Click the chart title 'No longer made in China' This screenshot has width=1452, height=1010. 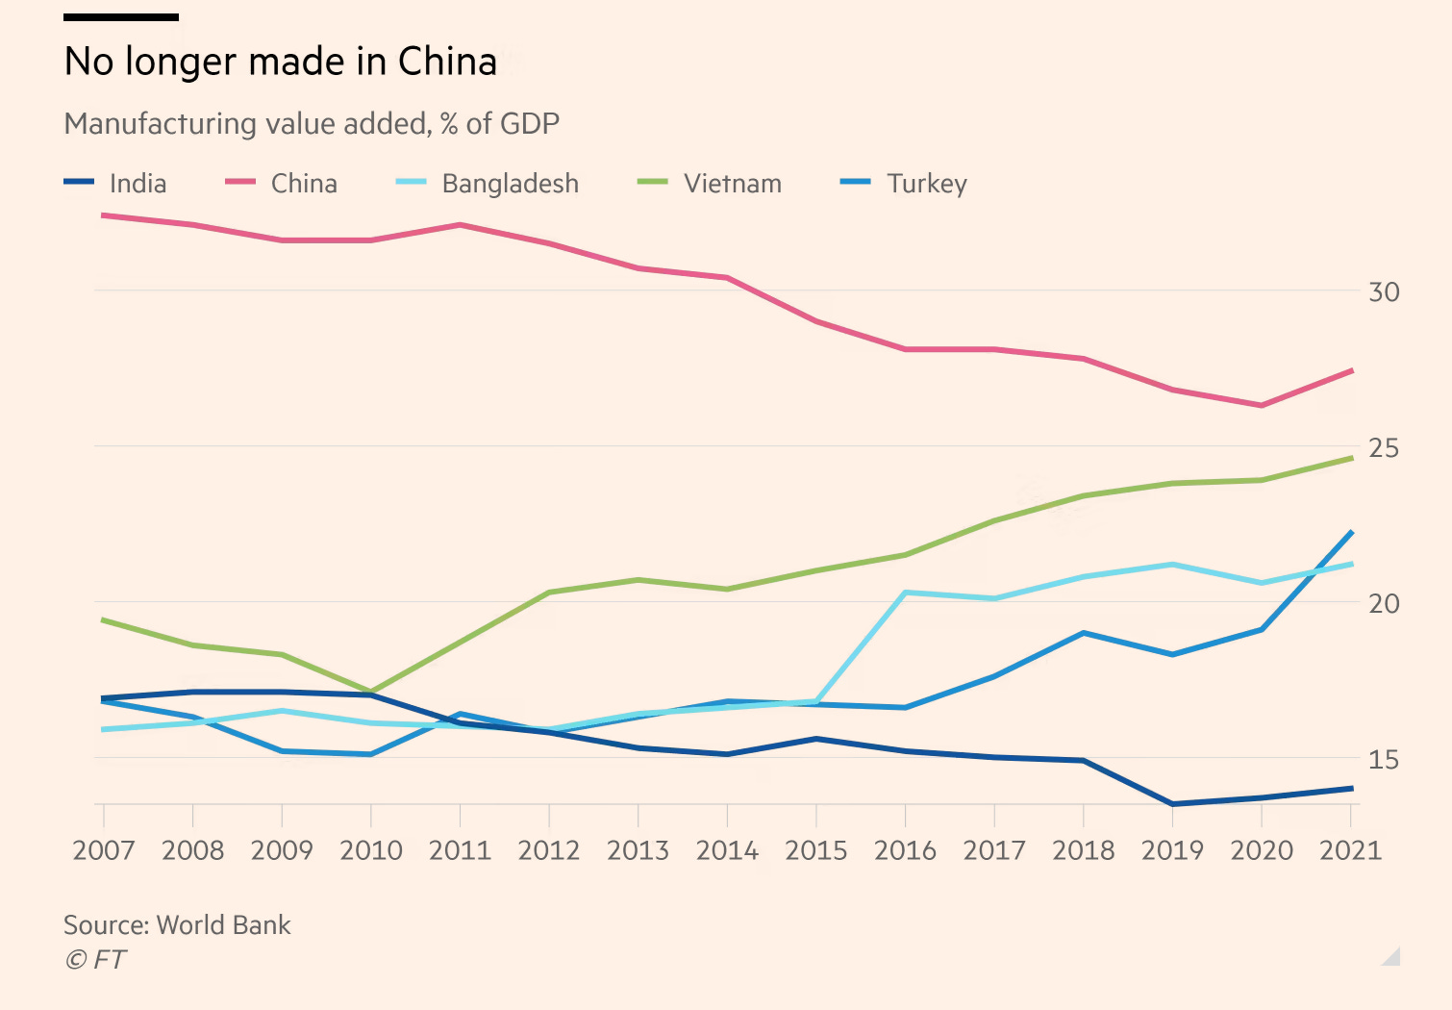tap(280, 62)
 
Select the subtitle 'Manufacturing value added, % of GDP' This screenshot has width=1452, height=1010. tap(312, 124)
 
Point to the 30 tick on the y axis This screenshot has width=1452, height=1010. tap(1383, 291)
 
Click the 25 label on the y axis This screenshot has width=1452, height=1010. tap(1383, 447)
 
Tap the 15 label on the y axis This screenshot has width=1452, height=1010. tap(1383, 759)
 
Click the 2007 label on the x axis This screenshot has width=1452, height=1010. tap(104, 850)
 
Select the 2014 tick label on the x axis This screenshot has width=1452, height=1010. tap(727, 850)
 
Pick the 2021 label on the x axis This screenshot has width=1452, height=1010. tap(1350, 850)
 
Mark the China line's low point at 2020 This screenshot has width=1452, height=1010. tap(1261, 405)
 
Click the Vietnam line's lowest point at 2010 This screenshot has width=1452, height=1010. tap(371, 692)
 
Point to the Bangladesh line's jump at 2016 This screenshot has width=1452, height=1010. tap(905, 593)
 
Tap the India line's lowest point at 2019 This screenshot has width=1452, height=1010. tap(1172, 803)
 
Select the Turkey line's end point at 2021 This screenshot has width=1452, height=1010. tap(1351, 532)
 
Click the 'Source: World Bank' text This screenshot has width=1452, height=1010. tap(177, 924)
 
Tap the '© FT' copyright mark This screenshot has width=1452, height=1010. tap(95, 959)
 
